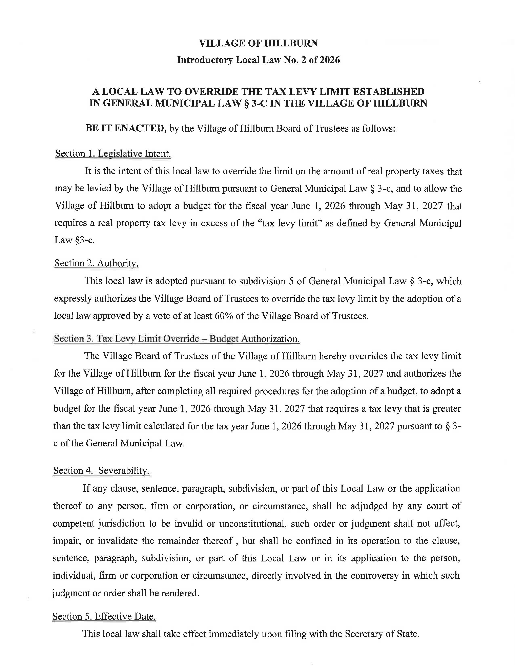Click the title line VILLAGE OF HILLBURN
coord(258,43)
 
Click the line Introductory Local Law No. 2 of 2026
coord(258,60)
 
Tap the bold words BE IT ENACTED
coord(125,128)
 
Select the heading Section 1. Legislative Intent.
coord(113,153)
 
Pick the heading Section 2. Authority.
coord(96,263)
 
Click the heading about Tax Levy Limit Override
coord(177,339)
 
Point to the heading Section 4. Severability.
coord(101,470)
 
